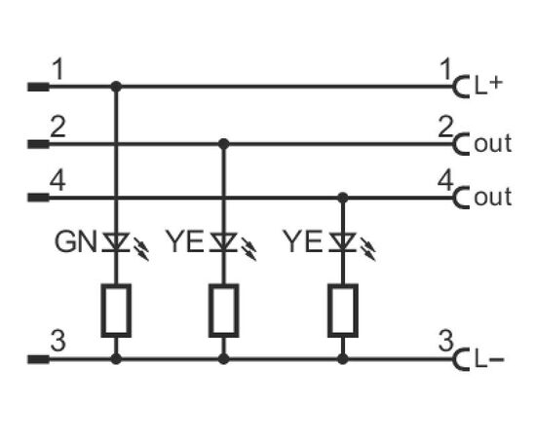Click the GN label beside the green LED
pyautogui.click(x=76, y=241)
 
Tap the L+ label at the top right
pyautogui.click(x=488, y=86)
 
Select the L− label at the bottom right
pyautogui.click(x=489, y=360)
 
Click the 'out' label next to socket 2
pyautogui.click(x=492, y=143)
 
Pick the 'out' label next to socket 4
pyautogui.click(x=492, y=197)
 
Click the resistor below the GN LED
pyautogui.click(x=116, y=310)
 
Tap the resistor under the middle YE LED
pyautogui.click(x=224, y=310)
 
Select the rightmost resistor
pyautogui.click(x=343, y=310)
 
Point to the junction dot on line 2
pyautogui.click(x=224, y=144)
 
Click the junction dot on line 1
pyautogui.click(x=116, y=87)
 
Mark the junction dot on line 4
pyautogui.click(x=343, y=198)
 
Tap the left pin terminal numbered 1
pyautogui.click(x=38, y=87)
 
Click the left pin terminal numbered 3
pyautogui.click(x=38, y=359)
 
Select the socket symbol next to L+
pyautogui.click(x=460, y=87)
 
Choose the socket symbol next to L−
pyautogui.click(x=460, y=359)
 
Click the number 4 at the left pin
pyautogui.click(x=57, y=181)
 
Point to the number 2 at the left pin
pyautogui.click(x=57, y=127)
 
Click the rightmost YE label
pyautogui.click(x=303, y=241)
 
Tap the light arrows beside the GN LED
pyautogui.click(x=141, y=249)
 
